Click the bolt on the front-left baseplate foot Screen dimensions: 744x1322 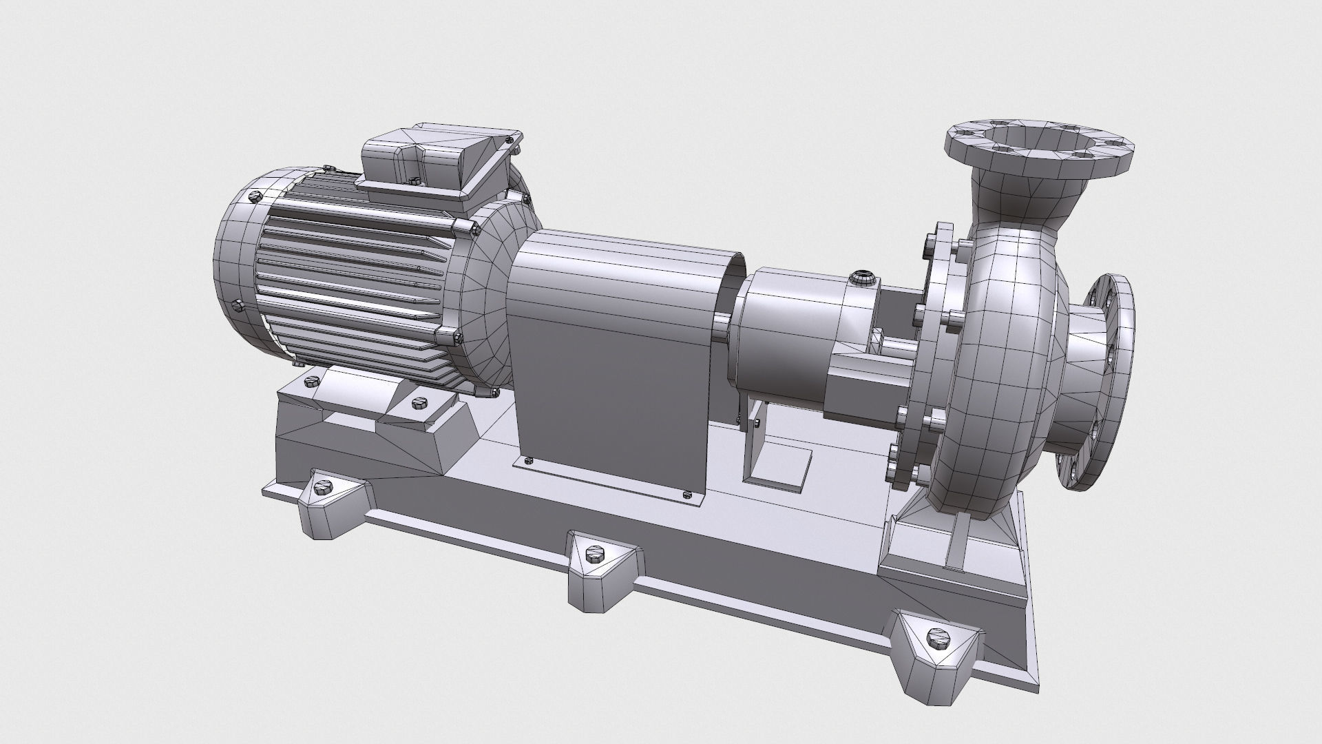[322, 488]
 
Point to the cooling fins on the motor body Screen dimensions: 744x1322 [351, 276]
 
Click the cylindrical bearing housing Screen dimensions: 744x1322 [792, 331]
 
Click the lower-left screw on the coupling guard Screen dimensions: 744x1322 [529, 460]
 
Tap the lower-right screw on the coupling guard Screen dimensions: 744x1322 [686, 493]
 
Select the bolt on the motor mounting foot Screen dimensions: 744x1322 [417, 403]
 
